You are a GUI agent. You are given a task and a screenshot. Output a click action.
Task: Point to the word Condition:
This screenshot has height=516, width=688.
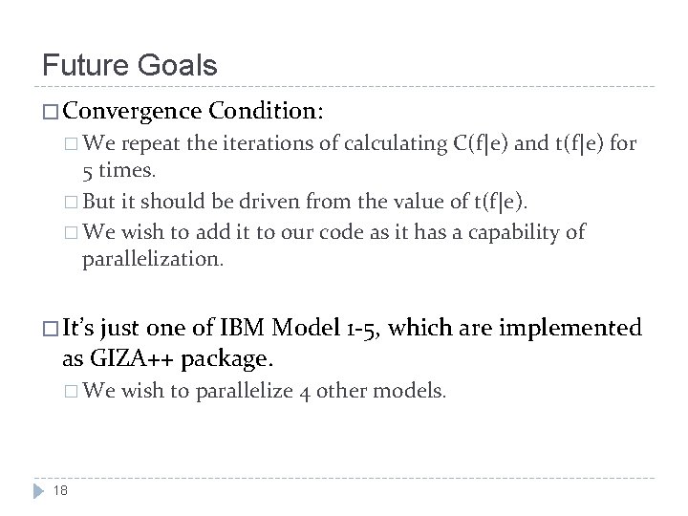tap(267, 112)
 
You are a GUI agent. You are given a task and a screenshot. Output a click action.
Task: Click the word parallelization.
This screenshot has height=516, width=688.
tap(154, 259)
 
